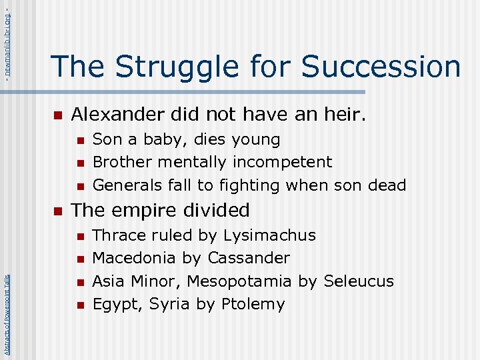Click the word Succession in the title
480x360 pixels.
tap(381, 67)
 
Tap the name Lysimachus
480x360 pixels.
tap(269, 235)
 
